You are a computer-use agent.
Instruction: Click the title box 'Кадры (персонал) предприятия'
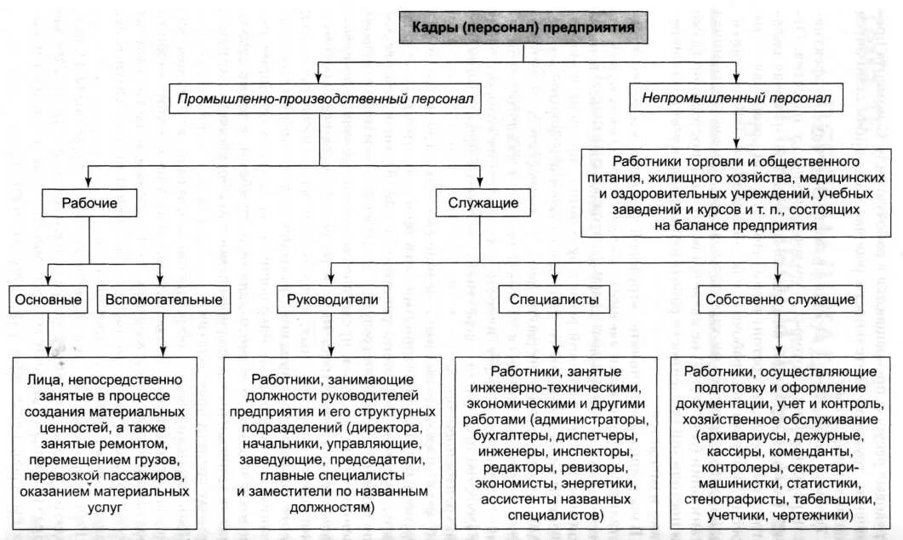coord(524,27)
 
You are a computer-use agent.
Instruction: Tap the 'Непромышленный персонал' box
coord(736,99)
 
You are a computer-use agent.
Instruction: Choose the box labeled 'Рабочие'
coord(89,204)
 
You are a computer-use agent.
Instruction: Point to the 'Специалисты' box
coord(554,300)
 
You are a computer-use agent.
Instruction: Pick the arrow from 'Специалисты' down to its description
coord(554,332)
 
